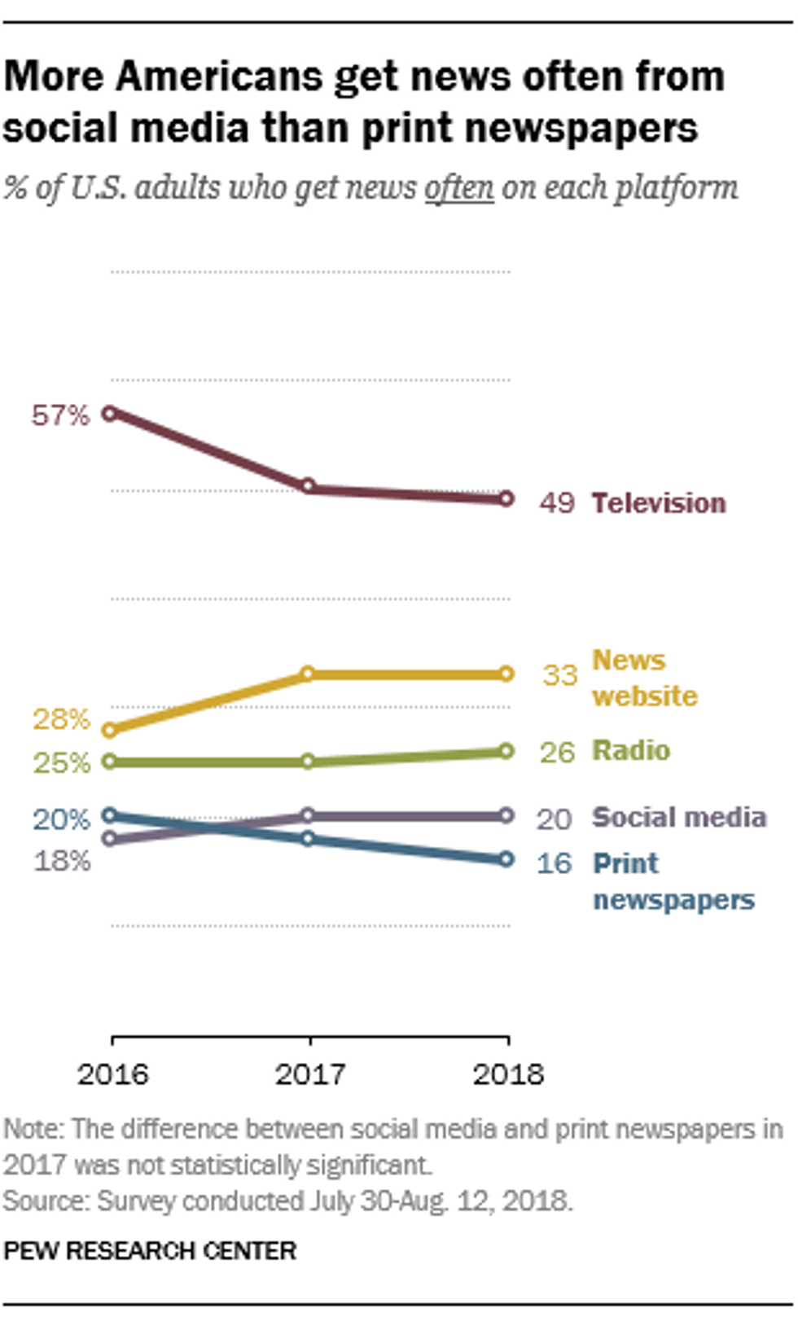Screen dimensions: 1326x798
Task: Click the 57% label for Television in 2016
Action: (x=59, y=415)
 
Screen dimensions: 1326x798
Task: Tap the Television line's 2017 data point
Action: (x=309, y=485)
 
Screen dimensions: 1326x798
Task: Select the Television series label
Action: (x=658, y=503)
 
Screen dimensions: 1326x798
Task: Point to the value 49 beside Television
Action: (x=557, y=503)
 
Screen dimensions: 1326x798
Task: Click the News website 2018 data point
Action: (x=506, y=674)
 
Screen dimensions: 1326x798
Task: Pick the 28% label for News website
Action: (x=61, y=719)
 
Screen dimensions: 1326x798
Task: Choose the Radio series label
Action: (x=631, y=750)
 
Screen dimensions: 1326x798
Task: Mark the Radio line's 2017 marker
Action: (x=309, y=762)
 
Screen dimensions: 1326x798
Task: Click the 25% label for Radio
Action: (x=61, y=763)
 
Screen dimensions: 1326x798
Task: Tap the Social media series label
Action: (x=679, y=817)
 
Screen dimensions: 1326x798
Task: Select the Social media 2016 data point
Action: (x=110, y=838)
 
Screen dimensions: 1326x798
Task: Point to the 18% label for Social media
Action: (x=61, y=861)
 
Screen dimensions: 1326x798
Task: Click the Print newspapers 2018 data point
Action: (x=506, y=858)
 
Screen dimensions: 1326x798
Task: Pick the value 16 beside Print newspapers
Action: (x=555, y=863)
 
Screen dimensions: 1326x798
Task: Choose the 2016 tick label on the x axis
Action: (x=113, y=1074)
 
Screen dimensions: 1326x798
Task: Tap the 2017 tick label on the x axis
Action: (x=310, y=1074)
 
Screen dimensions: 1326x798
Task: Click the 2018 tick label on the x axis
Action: (x=508, y=1074)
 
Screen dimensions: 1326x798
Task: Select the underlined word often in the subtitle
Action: (x=458, y=188)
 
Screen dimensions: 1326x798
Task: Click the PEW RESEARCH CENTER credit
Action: (x=150, y=1251)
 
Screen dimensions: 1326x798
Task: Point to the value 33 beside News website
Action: (x=560, y=675)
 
